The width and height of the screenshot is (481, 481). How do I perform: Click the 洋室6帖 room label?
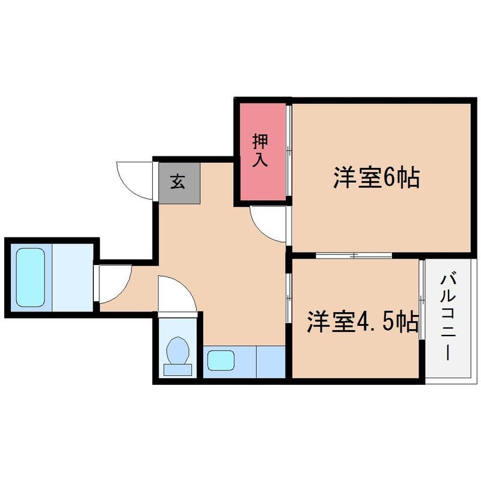point(376,179)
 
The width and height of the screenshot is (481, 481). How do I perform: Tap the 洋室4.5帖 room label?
point(363,322)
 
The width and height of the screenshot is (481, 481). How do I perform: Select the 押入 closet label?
point(260,150)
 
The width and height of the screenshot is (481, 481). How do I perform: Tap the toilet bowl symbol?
point(178,352)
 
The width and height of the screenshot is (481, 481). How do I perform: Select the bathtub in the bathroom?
point(30,277)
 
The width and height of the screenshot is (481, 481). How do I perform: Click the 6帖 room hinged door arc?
point(269,224)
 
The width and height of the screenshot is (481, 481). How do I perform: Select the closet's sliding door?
point(289,150)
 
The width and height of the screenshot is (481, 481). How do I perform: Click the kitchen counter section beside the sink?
point(270,361)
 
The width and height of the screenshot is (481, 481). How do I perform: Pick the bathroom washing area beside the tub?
point(73,277)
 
